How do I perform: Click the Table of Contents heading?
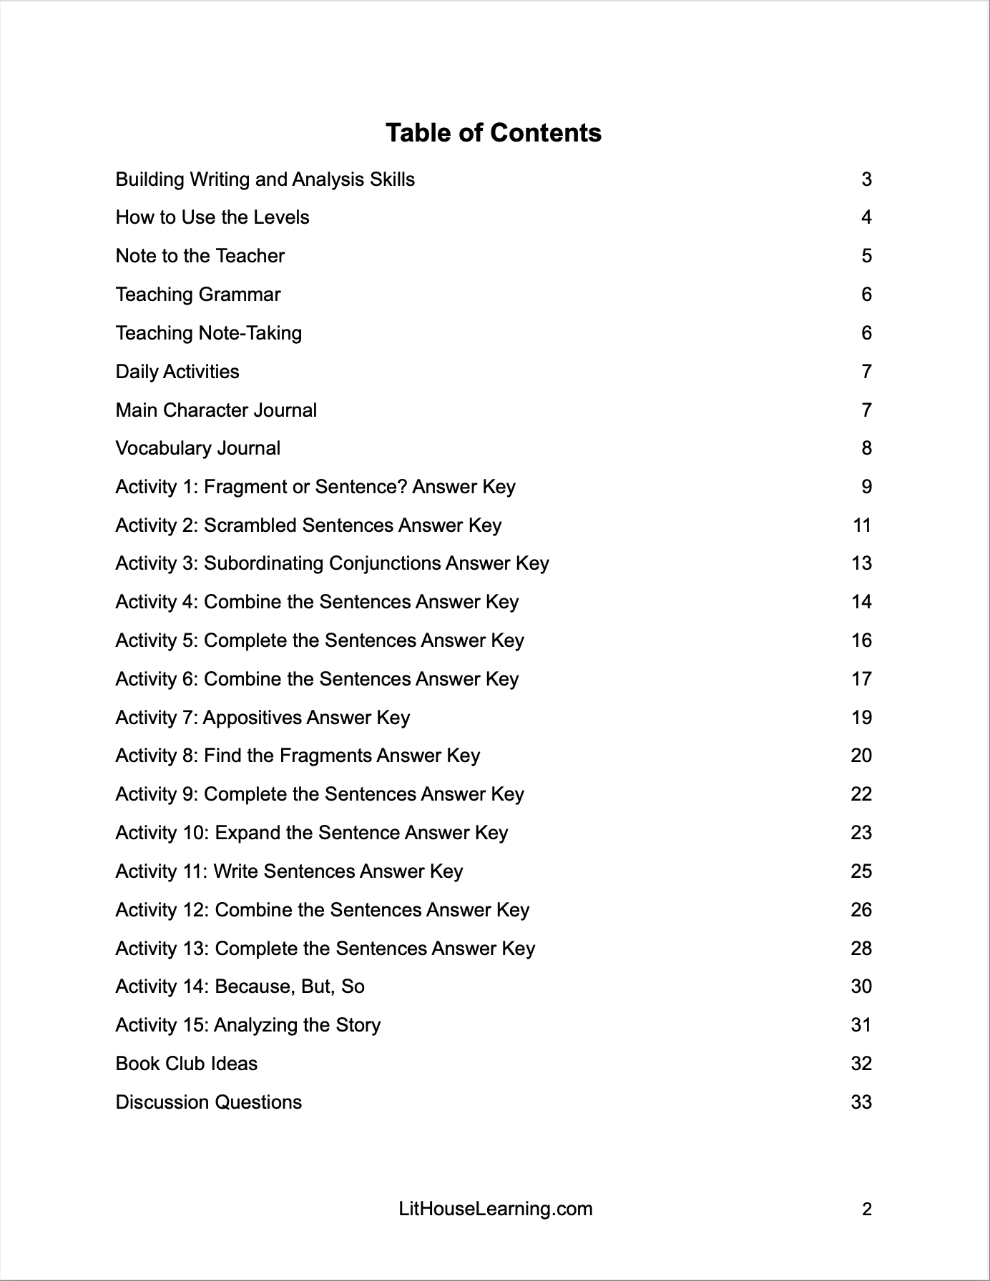point(494,133)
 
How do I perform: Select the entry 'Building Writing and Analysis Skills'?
point(265,179)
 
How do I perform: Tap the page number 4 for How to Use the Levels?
point(866,217)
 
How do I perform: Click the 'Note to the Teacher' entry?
point(200,256)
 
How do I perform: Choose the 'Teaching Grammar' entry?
point(198,295)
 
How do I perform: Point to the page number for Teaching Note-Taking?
point(866,333)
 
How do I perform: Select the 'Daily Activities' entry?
point(177,372)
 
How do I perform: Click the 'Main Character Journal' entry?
point(216,410)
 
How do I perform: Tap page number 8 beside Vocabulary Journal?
point(866,448)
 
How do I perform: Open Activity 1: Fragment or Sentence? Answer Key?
point(315,487)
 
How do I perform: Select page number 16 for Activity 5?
point(861,640)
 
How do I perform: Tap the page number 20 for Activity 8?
point(861,756)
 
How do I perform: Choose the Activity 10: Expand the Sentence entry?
point(312,833)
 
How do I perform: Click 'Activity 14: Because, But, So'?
point(240,986)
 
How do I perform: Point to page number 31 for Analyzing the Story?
point(861,1025)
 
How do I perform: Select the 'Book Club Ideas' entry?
point(187,1064)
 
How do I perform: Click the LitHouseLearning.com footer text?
point(496,1209)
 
